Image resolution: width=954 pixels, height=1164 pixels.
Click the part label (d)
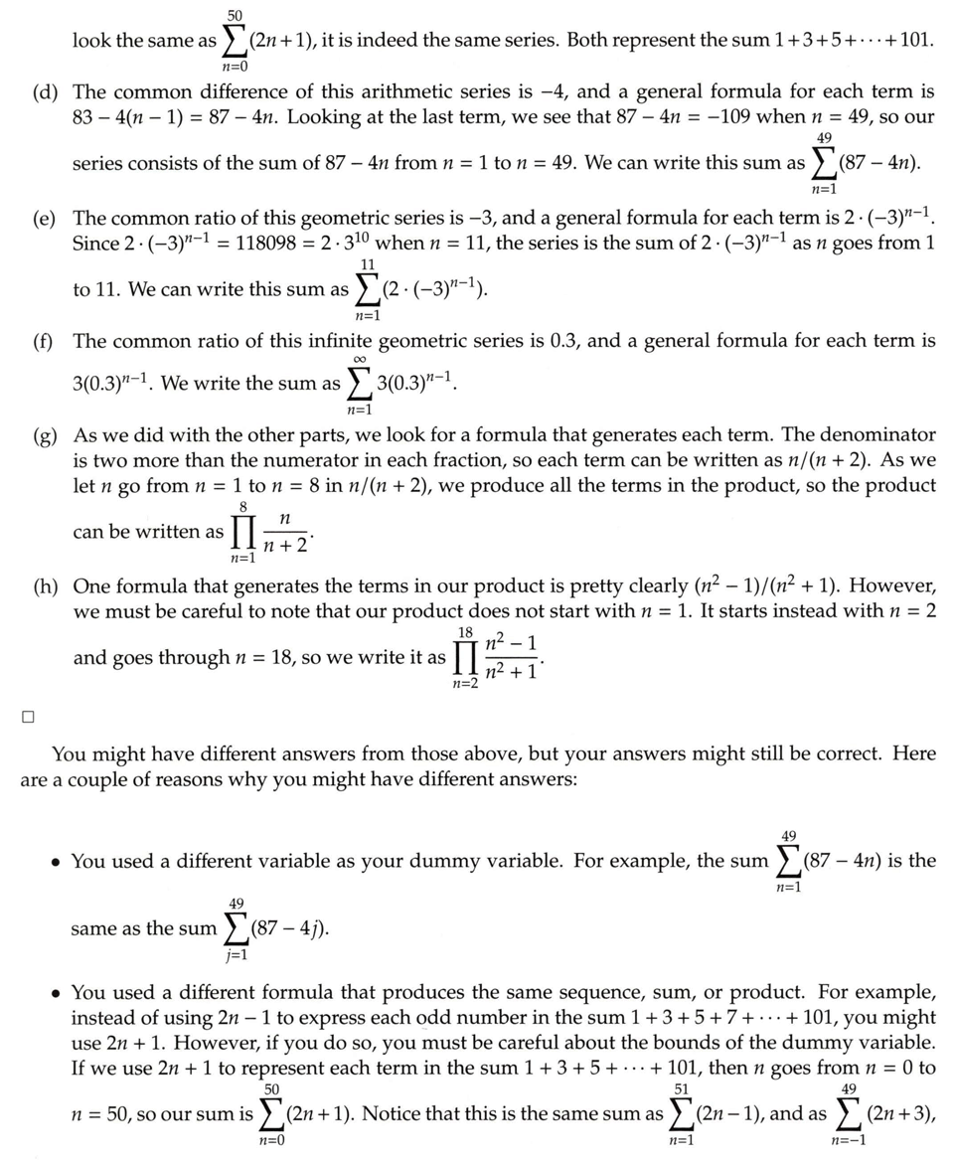click(x=44, y=92)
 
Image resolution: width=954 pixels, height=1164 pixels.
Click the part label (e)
click(x=44, y=218)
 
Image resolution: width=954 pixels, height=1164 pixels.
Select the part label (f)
click(x=43, y=342)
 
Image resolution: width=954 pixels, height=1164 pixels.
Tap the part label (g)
click(x=44, y=434)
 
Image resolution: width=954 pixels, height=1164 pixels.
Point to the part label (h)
click(x=44, y=585)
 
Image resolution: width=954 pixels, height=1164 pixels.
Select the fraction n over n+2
click(x=285, y=532)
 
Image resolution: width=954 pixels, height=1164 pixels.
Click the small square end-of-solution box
click(x=28, y=715)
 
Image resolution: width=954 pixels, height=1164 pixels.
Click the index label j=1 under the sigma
click(x=237, y=955)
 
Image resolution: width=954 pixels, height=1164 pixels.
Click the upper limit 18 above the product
click(x=465, y=633)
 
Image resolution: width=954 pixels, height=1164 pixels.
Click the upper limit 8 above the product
click(x=242, y=506)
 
